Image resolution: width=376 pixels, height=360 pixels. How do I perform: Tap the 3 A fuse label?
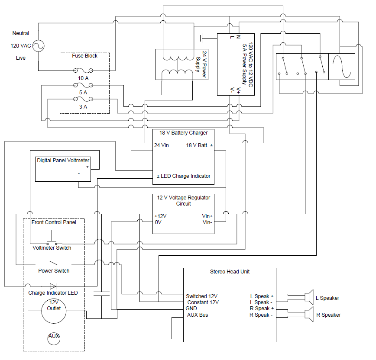pyautogui.click(x=83, y=106)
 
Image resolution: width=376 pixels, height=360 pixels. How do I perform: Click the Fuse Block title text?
pyautogui.click(x=84, y=56)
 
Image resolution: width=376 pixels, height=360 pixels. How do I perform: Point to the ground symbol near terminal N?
pyautogui.click(x=201, y=38)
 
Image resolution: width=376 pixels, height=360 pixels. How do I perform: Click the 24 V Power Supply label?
pyautogui.click(x=201, y=64)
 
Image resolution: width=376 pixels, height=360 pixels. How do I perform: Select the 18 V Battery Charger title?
pyautogui.click(x=183, y=133)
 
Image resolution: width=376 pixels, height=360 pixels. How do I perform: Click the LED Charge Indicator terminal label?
pyautogui.click(x=183, y=176)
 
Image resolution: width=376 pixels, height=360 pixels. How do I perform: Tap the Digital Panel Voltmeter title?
pyautogui.click(x=63, y=161)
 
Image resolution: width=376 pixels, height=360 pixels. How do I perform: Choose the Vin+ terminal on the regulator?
pyautogui.click(x=207, y=216)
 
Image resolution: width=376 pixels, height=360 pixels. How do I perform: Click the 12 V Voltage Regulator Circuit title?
pyautogui.click(x=184, y=200)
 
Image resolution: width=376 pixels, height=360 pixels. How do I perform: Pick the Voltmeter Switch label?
pyautogui.click(x=52, y=248)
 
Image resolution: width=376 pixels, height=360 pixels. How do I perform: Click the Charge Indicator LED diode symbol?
pyautogui.click(x=53, y=286)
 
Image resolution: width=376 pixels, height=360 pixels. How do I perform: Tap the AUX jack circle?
pyautogui.click(x=54, y=336)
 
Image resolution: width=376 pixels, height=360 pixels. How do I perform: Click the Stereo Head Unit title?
pyautogui.click(x=230, y=272)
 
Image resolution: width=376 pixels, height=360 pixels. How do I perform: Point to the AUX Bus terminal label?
pyautogui.click(x=198, y=315)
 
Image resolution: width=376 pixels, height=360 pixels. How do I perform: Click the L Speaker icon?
pyautogui.click(x=308, y=297)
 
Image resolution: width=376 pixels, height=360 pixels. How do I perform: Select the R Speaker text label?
pyautogui.click(x=328, y=315)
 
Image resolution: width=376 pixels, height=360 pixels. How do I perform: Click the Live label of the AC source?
pyautogui.click(x=21, y=58)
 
